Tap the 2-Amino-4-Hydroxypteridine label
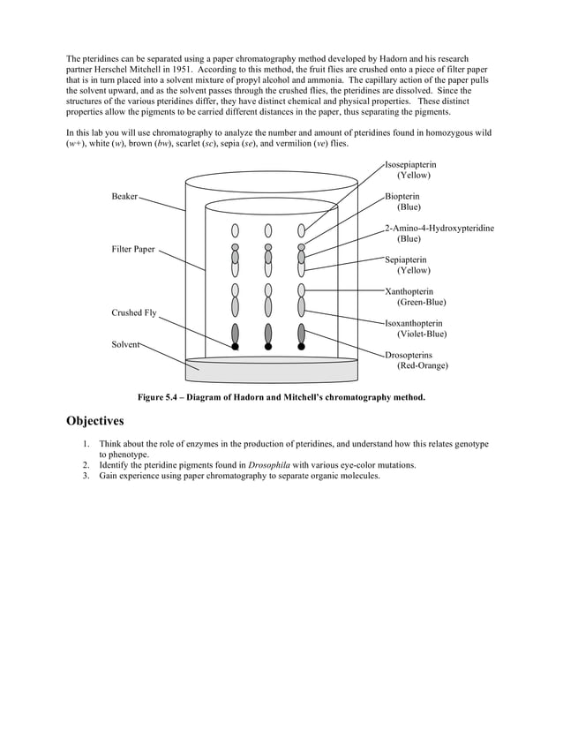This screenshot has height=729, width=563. (x=439, y=229)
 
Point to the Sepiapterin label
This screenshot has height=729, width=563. (x=406, y=260)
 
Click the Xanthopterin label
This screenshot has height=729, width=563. (x=409, y=292)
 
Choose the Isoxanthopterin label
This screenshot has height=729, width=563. (x=414, y=324)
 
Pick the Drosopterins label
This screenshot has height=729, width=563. (x=409, y=355)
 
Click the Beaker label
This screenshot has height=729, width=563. (x=124, y=196)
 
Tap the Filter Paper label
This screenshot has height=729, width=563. (x=133, y=249)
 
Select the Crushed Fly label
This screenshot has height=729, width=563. (x=134, y=313)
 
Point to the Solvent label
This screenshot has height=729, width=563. (x=125, y=344)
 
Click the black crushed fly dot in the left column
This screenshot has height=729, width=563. (x=236, y=347)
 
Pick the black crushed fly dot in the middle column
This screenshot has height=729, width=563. (x=268, y=347)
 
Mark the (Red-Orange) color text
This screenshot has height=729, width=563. (x=422, y=365)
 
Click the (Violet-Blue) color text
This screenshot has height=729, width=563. (x=421, y=334)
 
